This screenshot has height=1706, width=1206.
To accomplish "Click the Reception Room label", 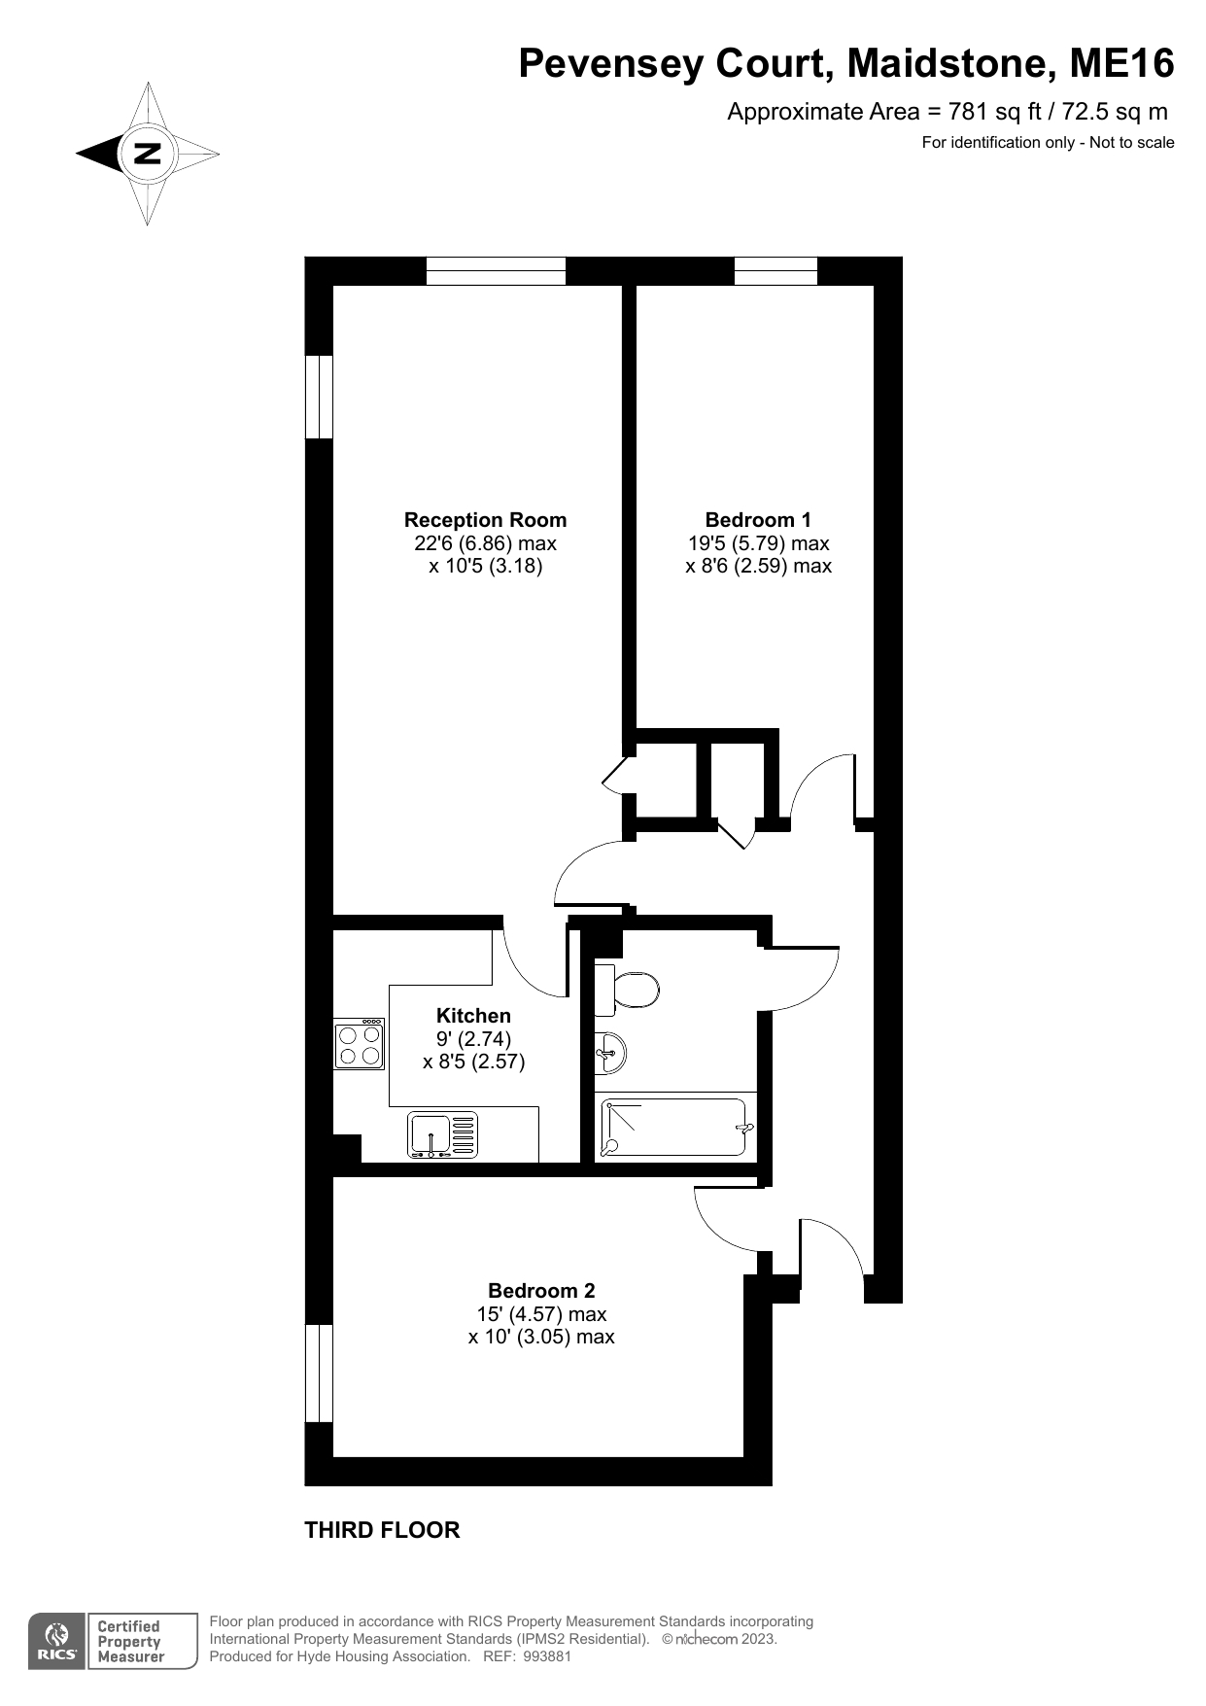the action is point(485,520).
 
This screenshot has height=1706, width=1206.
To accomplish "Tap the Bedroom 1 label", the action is point(758,520).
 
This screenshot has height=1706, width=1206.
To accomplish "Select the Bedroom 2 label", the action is point(541,1291).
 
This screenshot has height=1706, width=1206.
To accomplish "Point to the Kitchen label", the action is point(473,1016).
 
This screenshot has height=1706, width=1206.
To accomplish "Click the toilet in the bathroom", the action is point(627,990).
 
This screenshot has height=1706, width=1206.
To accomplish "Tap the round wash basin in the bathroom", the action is point(609,1053).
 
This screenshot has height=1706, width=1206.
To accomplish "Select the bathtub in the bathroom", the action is point(676,1127).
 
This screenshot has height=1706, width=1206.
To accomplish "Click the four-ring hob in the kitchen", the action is point(359,1044).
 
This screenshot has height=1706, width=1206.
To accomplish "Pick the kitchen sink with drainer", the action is point(443,1135).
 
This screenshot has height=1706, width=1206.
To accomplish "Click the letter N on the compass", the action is point(148,154).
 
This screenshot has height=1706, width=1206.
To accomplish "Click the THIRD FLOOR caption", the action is point(382,1530).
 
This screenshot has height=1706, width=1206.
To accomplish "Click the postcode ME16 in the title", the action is point(1122,64).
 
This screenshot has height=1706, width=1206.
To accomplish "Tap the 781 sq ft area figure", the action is point(985,112).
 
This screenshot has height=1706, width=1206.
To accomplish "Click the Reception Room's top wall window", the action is point(496,270).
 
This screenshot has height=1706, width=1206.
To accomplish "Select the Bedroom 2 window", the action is point(319,1373).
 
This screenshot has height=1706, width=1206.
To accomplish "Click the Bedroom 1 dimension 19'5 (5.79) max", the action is point(758,543).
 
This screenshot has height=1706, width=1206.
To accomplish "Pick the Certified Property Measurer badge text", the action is point(131,1642).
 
